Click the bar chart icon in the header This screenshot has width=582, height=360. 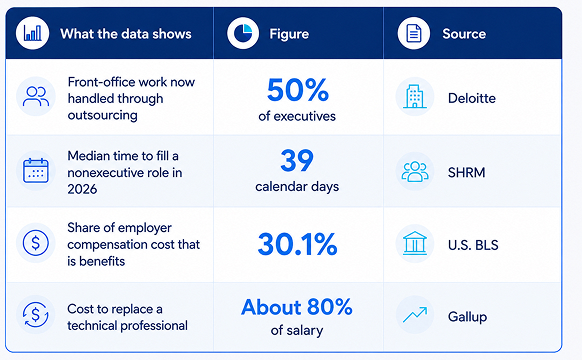click(x=33, y=33)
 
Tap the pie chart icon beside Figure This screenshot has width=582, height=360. click(x=243, y=33)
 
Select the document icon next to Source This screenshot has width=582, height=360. click(x=413, y=33)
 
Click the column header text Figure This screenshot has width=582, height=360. click(x=289, y=34)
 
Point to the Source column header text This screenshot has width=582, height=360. click(x=464, y=34)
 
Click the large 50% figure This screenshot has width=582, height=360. click(x=298, y=90)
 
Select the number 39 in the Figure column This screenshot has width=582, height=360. click(x=297, y=160)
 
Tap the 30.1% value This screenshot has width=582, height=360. click(x=297, y=244)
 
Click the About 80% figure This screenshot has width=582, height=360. click(x=297, y=307)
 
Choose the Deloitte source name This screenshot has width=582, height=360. click(x=472, y=98)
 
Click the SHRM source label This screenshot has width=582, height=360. click(x=467, y=173)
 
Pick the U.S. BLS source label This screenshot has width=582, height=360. click(x=473, y=245)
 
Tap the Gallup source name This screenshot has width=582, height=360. click(x=467, y=317)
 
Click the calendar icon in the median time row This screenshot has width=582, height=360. click(x=36, y=171)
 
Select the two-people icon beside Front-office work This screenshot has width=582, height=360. click(x=36, y=96)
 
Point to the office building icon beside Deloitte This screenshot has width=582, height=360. click(x=415, y=96)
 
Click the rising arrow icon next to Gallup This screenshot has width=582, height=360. click(x=415, y=315)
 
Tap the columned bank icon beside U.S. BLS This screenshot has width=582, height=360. click(x=415, y=243)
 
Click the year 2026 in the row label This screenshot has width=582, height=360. click(x=82, y=189)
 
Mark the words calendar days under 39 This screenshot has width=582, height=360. click(x=297, y=187)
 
